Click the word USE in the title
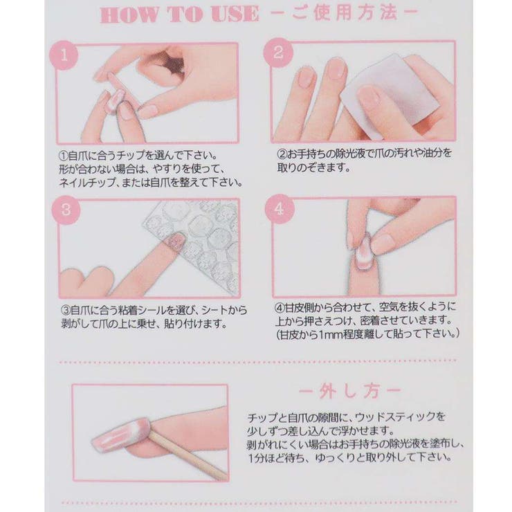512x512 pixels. [x=235, y=15]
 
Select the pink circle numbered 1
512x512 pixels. [x=64, y=55]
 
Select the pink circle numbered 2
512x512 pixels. [x=278, y=53]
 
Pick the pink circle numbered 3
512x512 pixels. [x=66, y=210]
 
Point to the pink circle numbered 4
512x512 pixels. [x=280, y=208]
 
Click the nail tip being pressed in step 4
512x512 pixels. [x=363, y=252]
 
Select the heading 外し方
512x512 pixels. [x=349, y=391]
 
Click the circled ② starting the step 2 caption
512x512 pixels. [x=282, y=153]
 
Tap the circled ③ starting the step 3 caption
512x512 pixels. [x=66, y=309]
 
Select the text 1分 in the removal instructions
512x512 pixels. [x=257, y=458]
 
